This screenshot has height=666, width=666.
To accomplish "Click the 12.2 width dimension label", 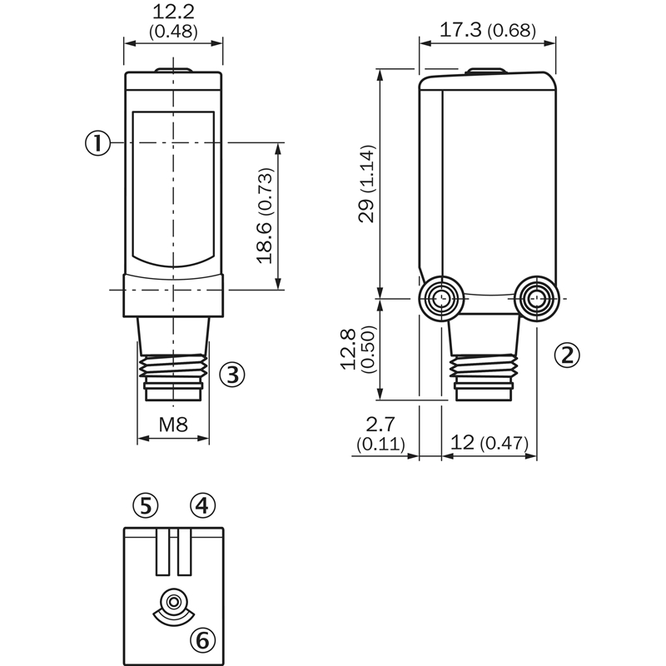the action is (173, 12).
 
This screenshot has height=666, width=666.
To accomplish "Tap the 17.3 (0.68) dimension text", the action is (488, 30).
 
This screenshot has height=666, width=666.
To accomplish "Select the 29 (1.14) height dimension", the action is (367, 184).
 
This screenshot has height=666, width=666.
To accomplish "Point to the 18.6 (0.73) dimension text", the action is (264, 216).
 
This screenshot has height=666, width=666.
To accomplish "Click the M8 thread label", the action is (173, 424).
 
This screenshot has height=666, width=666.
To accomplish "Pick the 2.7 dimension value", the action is (380, 425).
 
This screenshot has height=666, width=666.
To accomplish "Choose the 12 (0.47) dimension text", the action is (490, 443).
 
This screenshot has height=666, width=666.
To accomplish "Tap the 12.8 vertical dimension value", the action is (348, 349).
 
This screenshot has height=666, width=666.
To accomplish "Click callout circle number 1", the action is (97, 142).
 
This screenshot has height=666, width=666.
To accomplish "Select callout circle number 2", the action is (567, 355).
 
